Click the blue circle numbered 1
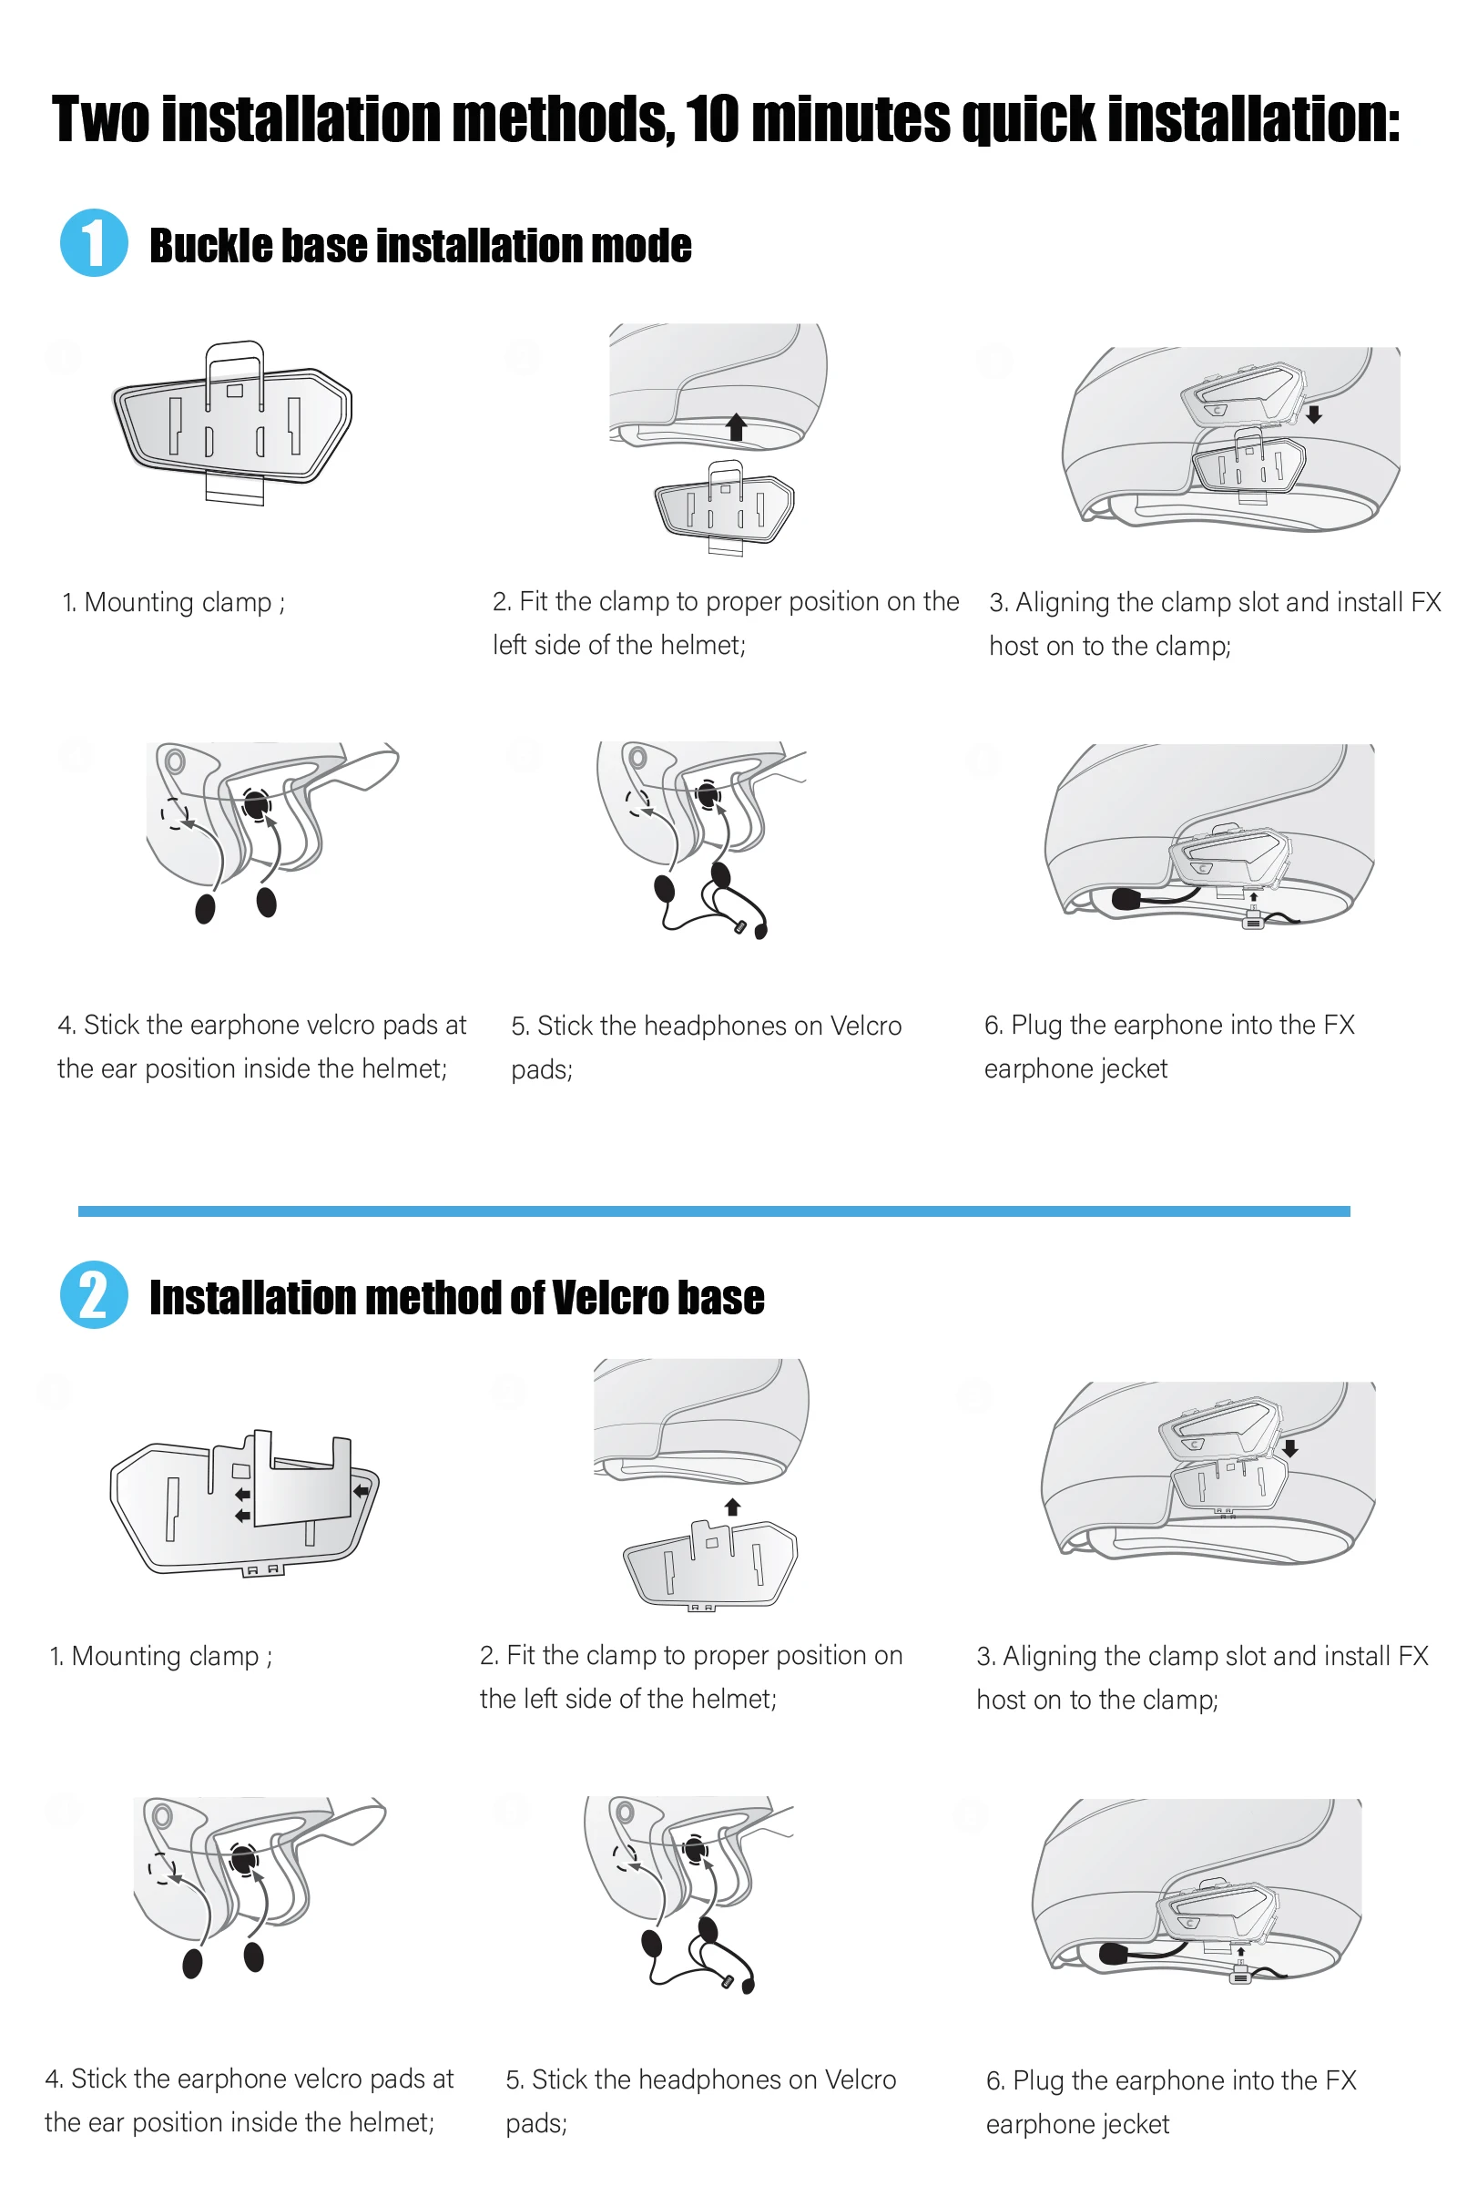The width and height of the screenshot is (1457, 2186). pos(94,243)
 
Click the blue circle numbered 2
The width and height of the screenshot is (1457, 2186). pos(94,1294)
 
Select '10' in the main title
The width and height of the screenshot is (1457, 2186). pos(713,120)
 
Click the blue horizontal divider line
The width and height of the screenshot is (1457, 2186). pos(714,1211)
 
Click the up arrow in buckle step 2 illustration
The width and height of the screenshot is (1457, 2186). pos(736,426)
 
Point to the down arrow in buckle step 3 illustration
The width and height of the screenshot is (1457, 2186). pos(1314,414)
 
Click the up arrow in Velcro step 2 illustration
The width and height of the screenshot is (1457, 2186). pos(732,1507)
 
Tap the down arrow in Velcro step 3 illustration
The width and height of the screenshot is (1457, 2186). pos(1289,1448)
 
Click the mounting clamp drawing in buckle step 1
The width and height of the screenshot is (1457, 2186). pos(232,424)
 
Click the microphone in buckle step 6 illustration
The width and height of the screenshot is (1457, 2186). pos(1126,899)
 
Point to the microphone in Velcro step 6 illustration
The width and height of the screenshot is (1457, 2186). pos(1113,1954)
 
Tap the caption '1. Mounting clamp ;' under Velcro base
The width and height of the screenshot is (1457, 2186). pos(161,1656)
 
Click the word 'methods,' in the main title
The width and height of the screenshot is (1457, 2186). pos(564,120)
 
